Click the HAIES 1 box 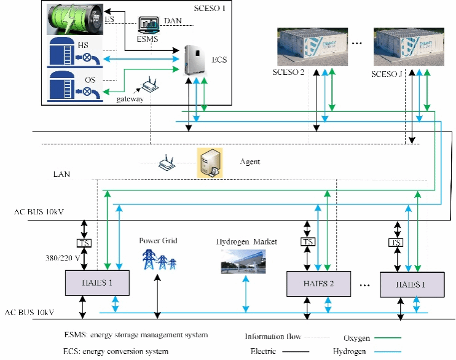click(98, 283)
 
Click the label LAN click(61, 174)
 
